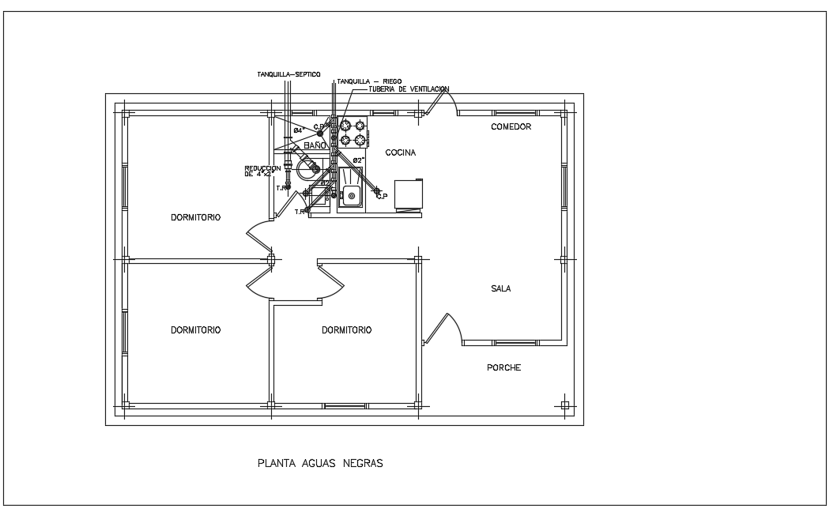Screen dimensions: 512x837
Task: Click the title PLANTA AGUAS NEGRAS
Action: (320, 464)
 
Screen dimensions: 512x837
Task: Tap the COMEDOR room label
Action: (511, 126)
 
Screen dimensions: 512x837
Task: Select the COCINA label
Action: (400, 152)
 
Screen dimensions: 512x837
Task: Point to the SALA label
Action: (500, 288)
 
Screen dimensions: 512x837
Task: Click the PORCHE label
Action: (503, 367)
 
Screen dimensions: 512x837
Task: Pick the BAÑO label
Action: (314, 146)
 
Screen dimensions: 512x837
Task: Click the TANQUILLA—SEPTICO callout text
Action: (288, 73)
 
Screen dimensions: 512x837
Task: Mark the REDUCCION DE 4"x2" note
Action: (263, 171)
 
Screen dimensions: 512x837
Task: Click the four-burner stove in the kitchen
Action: (353, 133)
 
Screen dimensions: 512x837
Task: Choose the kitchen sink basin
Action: (352, 195)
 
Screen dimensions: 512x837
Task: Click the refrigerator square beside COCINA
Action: (408, 194)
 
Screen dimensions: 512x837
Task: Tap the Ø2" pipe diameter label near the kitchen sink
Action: (357, 160)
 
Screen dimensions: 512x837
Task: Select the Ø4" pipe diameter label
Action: (299, 130)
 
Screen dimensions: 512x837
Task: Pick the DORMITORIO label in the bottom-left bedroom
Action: (195, 330)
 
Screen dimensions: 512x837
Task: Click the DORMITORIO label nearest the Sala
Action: (346, 330)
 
